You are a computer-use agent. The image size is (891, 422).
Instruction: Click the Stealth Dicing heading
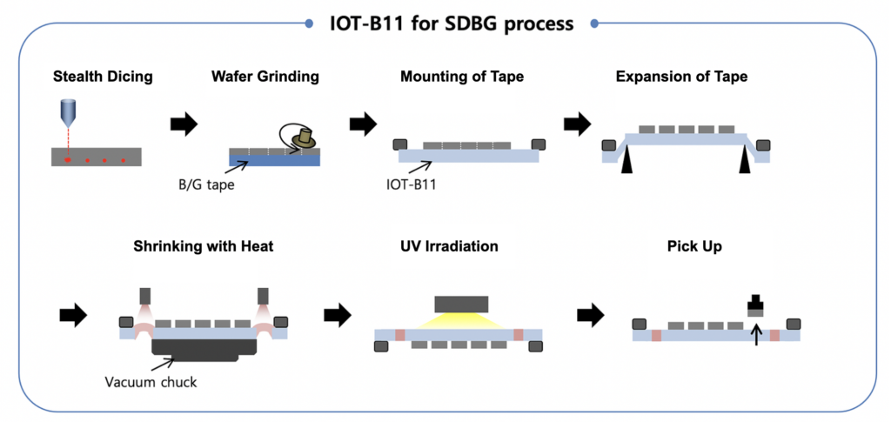102,77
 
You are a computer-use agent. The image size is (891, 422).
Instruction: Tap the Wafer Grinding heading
265,77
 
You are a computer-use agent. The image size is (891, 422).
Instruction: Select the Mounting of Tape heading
462,77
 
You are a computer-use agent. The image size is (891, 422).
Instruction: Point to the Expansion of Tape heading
681,77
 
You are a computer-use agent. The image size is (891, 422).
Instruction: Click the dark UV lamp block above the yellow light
459,304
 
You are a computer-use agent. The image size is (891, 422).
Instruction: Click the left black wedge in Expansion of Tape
626,160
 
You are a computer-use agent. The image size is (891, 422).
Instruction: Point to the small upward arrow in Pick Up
755,332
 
